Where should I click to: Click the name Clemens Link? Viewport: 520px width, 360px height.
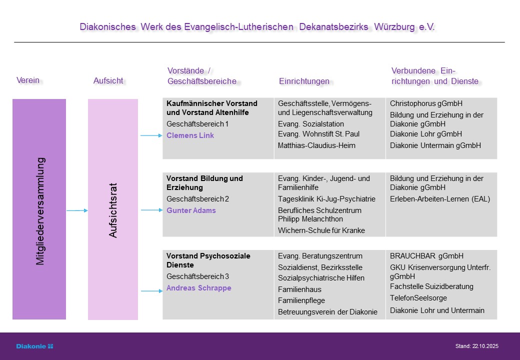coord(190,135)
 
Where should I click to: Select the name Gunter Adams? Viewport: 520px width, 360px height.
coord(191,210)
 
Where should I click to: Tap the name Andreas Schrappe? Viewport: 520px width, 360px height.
coord(198,288)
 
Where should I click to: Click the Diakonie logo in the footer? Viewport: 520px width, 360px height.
coord(34,346)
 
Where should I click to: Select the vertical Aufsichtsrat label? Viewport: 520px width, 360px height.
coord(113,210)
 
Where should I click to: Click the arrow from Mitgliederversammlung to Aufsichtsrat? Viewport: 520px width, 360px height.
coord(77,210)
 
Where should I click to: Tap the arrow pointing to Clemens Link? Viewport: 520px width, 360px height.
coord(150,135)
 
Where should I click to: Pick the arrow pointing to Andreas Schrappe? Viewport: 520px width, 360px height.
coord(150,290)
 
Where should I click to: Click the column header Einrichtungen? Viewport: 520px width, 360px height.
coord(304,81)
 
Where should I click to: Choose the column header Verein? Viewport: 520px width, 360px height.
coord(28,80)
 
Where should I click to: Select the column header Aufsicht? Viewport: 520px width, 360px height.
coord(108,80)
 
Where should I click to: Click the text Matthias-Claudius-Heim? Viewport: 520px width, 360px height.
coord(316,145)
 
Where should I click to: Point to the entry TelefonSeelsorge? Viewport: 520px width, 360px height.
coord(418,298)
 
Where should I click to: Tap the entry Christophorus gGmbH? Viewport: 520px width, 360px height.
coord(426,103)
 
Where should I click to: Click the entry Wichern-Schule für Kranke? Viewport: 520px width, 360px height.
coord(321,230)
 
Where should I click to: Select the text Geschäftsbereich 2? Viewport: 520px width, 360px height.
coord(197,199)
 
